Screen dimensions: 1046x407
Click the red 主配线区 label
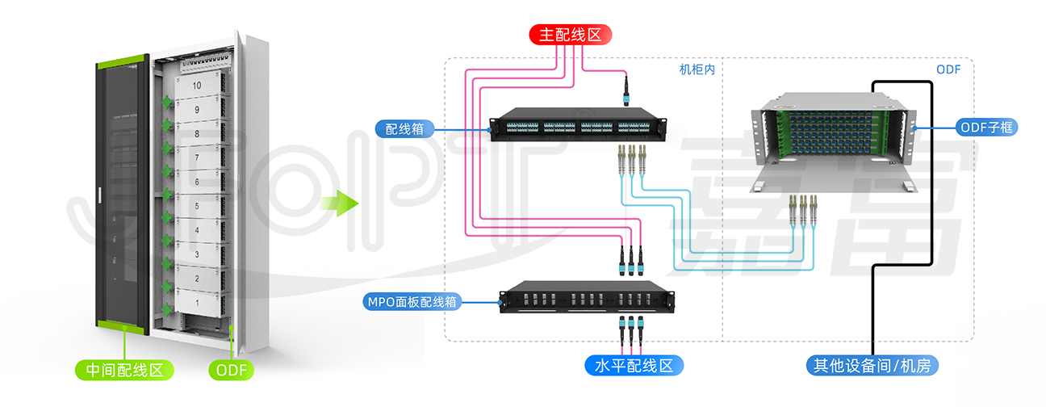(570, 35)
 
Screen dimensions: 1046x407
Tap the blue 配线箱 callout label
(404, 129)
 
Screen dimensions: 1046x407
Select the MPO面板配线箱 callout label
(412, 302)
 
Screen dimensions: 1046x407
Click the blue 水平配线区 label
(634, 366)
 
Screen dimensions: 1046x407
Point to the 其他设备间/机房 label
(872, 366)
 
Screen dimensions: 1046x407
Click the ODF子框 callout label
(987, 128)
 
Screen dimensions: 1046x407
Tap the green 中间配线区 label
(124, 370)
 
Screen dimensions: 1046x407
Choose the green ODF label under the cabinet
(232, 370)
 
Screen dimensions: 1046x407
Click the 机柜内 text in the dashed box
(697, 69)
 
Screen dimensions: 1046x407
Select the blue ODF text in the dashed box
(948, 69)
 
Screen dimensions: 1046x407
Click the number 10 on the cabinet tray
(197, 86)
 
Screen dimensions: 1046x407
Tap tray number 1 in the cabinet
(197, 303)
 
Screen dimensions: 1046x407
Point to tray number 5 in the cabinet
(197, 206)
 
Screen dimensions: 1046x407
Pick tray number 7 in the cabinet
(197, 157)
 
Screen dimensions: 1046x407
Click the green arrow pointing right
(340, 203)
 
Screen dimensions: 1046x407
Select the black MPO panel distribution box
(587, 297)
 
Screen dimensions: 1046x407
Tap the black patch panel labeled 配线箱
(578, 124)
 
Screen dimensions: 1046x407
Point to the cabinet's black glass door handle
(99, 195)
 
